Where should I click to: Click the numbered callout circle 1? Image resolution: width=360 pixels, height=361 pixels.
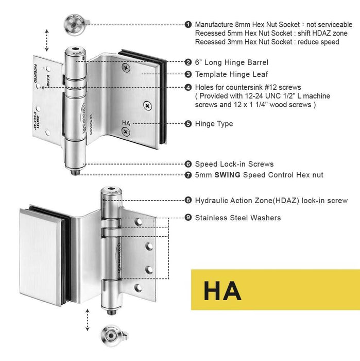point(188,24)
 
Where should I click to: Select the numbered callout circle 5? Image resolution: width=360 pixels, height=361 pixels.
point(188,124)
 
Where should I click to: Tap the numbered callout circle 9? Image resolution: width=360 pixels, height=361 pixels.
point(188,218)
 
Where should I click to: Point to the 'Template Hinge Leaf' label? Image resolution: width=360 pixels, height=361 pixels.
point(231,74)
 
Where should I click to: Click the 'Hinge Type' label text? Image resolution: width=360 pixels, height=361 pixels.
point(214,124)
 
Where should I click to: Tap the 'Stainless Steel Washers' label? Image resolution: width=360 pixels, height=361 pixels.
point(237,218)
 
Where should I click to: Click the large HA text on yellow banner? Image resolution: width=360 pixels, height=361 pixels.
point(222,291)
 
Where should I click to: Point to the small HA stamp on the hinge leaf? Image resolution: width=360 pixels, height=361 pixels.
point(126,123)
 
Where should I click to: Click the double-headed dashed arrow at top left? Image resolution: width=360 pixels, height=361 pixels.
point(47,40)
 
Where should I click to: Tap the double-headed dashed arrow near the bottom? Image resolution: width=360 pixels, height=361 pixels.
point(87,320)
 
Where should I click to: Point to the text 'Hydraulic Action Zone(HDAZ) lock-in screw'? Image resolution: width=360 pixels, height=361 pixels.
point(271,201)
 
